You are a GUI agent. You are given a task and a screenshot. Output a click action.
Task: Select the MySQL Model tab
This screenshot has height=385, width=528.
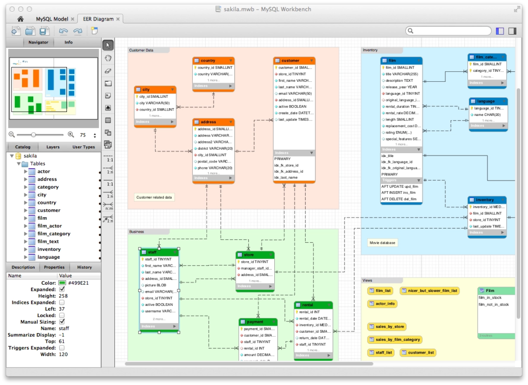pos(52,19)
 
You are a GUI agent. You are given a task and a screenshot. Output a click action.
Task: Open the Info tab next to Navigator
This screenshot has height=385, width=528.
pos(68,43)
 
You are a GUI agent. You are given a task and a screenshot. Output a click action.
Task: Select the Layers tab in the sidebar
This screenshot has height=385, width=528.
pos(53,147)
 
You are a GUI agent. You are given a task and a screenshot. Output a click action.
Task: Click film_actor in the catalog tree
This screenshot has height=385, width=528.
pos(49,226)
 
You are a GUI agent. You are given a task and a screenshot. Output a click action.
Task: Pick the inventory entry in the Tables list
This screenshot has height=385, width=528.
pos(49,249)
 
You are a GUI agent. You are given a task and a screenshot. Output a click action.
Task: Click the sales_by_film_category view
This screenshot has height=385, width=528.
pos(394,340)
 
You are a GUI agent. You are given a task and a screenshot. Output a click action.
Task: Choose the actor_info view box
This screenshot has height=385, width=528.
pos(382,304)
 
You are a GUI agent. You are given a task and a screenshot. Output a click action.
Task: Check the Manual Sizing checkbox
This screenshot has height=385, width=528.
pos(62,322)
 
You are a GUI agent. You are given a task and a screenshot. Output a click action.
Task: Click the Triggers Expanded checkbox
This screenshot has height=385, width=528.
pos(62,348)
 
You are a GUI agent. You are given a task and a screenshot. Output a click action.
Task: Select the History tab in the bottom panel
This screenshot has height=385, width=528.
pos(84,267)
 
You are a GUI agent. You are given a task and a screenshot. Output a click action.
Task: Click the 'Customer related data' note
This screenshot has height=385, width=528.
pos(154,198)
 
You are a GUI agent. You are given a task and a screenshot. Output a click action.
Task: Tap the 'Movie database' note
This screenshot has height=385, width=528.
pos(382,243)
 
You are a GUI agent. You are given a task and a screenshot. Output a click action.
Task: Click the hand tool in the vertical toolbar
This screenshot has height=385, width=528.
pos(108,58)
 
